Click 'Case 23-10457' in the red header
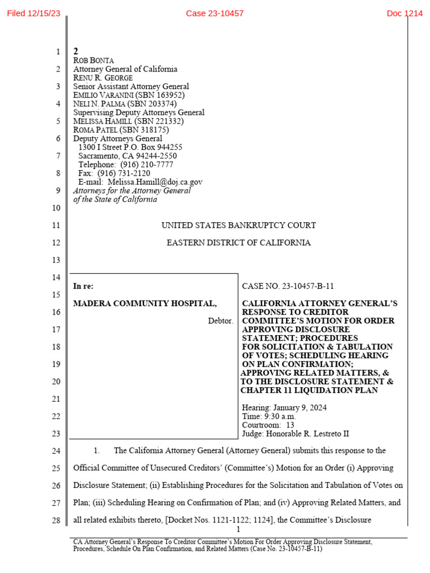point(214,13)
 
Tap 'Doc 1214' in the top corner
point(404,13)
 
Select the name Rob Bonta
point(94,60)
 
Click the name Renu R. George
point(103,78)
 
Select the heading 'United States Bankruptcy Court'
point(239,226)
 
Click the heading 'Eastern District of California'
point(239,243)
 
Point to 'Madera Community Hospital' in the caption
point(145,303)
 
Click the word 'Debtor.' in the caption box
point(220,321)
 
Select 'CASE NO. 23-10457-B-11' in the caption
point(288,286)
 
